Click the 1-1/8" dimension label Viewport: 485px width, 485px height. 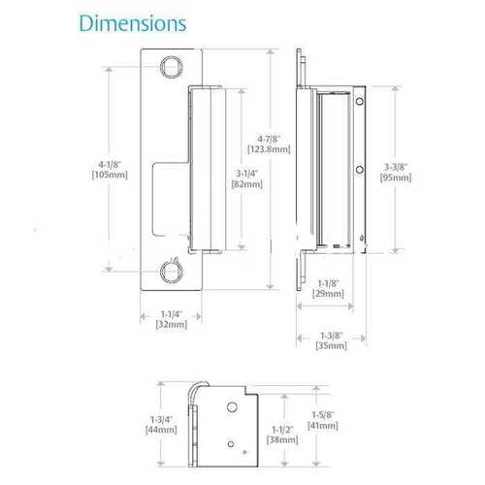[x=329, y=282]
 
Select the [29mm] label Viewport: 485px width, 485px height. [x=329, y=293]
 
